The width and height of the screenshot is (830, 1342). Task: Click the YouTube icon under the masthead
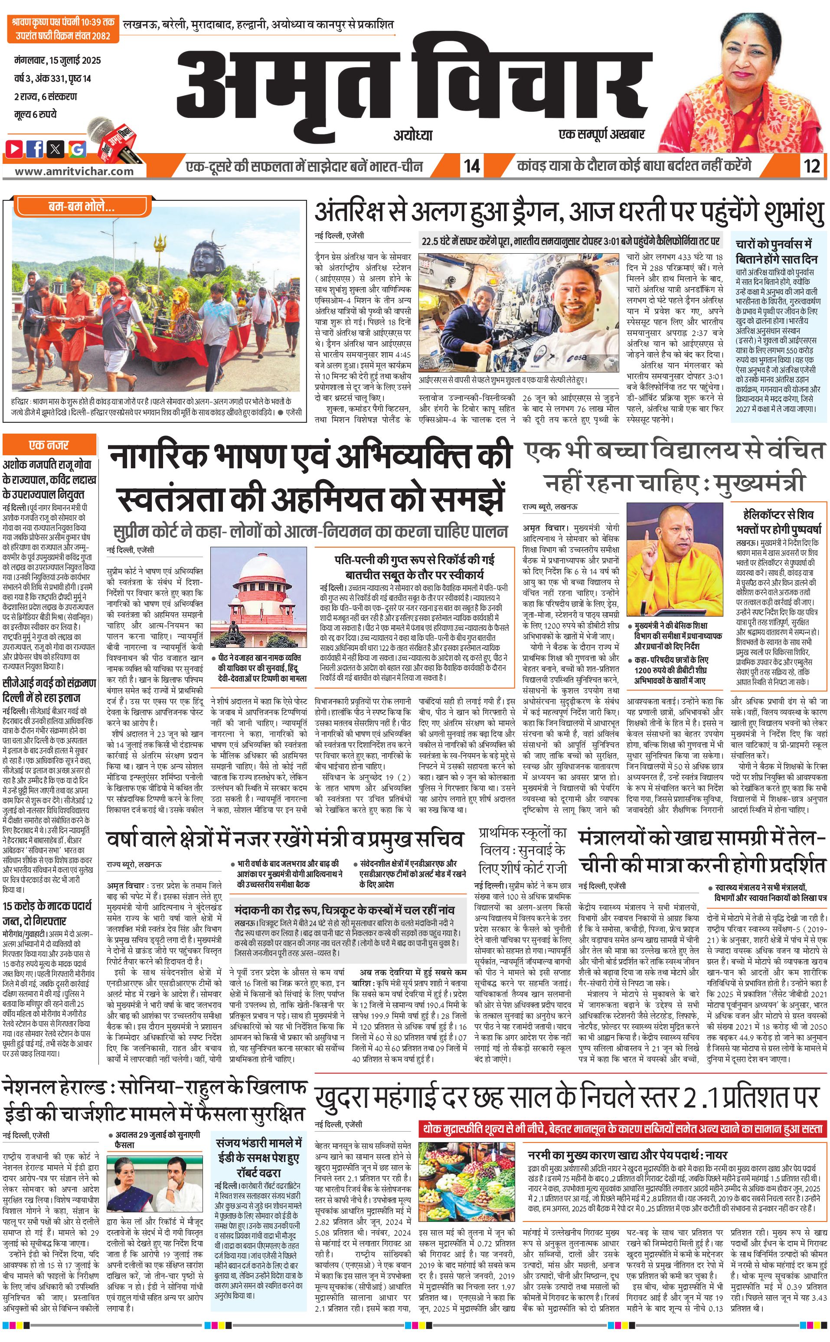pos(14,148)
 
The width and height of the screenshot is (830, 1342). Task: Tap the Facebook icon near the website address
pos(35,148)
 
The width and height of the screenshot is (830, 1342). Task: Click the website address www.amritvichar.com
pos(74,171)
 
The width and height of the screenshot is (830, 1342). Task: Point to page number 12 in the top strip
pos(811,166)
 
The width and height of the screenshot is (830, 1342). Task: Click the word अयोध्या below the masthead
pos(413,135)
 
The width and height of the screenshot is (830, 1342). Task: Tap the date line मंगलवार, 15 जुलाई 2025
pos(58,60)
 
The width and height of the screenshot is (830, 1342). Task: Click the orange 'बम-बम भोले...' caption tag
pos(81,207)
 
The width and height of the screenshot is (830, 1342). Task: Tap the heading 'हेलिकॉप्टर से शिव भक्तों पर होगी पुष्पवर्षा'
pos(778,522)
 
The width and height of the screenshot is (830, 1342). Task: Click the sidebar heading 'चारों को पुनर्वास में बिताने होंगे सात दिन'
pos(777,251)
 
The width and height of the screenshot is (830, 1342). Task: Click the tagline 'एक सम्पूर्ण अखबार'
pos(601,134)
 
